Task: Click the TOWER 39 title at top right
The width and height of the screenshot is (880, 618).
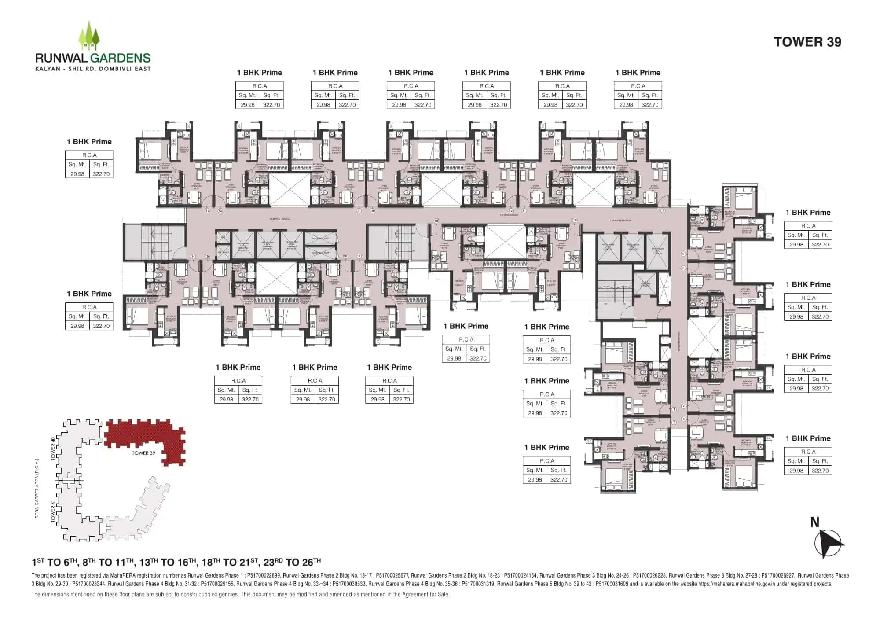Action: point(807,42)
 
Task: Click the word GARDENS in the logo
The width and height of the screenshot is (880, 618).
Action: point(121,58)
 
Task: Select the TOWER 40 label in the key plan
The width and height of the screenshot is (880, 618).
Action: point(53,449)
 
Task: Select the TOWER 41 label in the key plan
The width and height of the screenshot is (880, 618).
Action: point(53,511)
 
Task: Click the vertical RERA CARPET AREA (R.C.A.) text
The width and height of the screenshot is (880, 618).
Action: point(37,489)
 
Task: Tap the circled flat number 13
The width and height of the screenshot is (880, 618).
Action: point(208,211)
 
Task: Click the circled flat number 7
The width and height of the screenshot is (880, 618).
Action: point(663,211)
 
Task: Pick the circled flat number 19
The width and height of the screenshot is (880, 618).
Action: point(575,221)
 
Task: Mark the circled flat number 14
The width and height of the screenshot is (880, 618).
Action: point(193,256)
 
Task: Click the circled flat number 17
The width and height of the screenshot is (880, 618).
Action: point(359,256)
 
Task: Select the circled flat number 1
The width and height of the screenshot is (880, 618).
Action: point(674,409)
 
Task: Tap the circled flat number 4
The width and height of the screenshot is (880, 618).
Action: point(683,406)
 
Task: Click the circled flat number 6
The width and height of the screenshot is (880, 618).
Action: point(683,254)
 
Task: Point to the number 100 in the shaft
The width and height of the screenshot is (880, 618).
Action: point(716,350)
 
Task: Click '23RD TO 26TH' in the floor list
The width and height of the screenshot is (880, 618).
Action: point(292,562)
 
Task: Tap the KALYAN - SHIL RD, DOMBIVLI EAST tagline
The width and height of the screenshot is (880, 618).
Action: point(93,69)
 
